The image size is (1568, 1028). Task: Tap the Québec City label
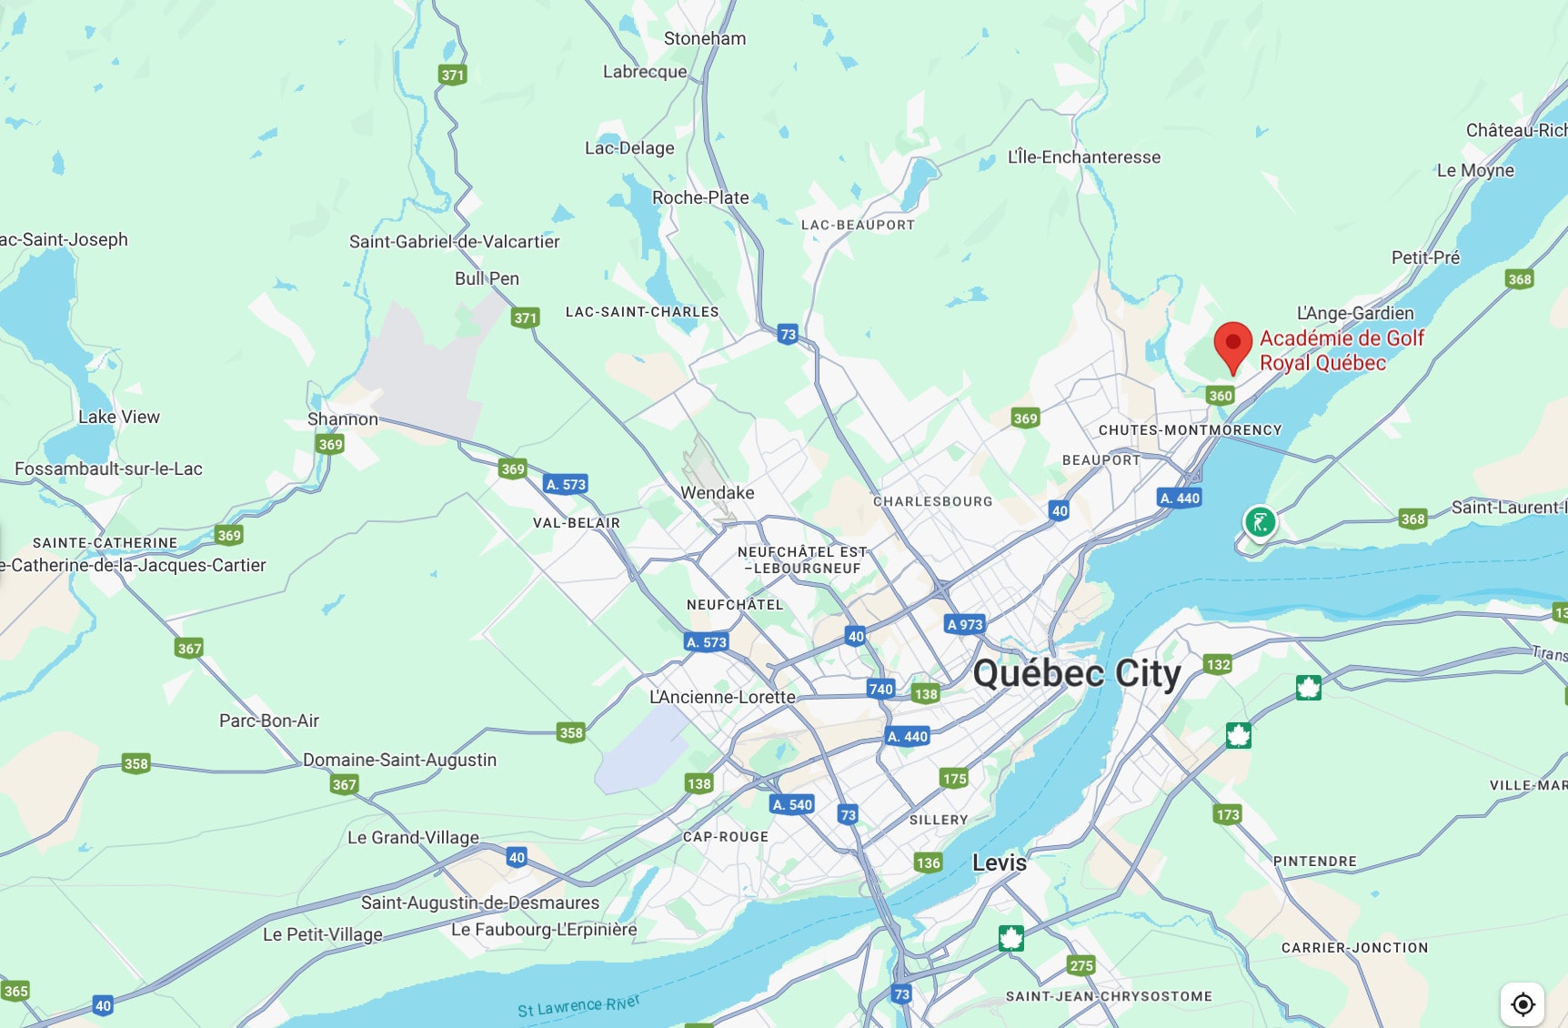[1077, 674]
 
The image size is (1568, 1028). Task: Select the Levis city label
[999, 862]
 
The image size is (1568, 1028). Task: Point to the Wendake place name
[717, 492]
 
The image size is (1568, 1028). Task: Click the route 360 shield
[1220, 395]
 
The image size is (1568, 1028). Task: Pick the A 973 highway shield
[965, 624]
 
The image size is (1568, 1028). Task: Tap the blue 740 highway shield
[880, 689]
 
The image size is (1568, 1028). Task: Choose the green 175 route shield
[954, 778]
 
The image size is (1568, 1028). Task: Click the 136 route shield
[928, 862]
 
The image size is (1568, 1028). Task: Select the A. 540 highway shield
[792, 804]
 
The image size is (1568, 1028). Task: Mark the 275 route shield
[1081, 965]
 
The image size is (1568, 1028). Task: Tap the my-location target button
[1523, 1004]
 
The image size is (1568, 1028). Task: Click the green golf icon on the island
[1260, 522]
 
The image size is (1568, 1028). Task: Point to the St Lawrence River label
[578, 1005]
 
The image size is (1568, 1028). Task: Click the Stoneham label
[704, 38]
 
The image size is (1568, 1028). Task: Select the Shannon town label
[342, 418]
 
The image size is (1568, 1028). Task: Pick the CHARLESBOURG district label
[932, 501]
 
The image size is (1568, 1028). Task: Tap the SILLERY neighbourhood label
[939, 820]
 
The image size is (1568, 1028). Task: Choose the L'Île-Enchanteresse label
[1083, 156]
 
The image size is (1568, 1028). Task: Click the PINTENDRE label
[1314, 861]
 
